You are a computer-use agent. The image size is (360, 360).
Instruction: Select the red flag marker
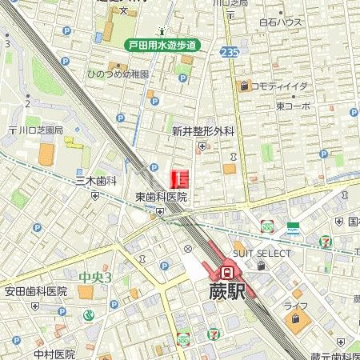(180, 179)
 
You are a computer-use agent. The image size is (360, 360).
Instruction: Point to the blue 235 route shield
(230, 52)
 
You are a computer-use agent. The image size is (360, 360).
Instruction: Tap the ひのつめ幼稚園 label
(118, 74)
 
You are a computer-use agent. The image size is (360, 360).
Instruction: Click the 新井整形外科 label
(203, 131)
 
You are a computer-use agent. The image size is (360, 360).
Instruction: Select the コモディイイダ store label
(279, 86)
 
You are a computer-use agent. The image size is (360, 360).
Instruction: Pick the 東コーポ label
(293, 106)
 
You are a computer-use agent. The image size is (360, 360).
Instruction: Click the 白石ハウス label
(281, 22)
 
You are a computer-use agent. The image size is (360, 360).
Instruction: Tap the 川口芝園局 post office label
(37, 128)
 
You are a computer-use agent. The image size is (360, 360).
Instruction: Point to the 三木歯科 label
(97, 182)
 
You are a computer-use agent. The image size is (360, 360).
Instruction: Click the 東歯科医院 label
(161, 197)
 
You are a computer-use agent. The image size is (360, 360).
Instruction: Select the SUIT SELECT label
(262, 253)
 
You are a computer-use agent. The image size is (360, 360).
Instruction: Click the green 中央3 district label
(95, 278)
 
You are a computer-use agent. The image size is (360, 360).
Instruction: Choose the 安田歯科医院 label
(36, 291)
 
